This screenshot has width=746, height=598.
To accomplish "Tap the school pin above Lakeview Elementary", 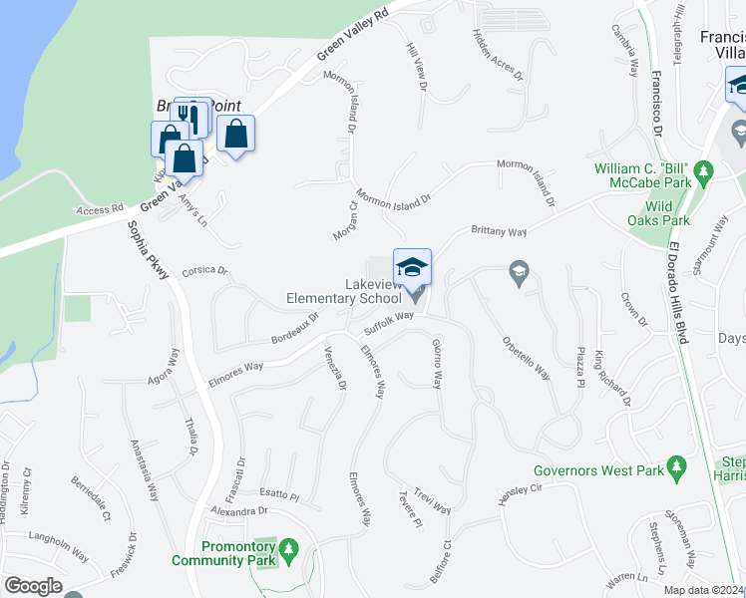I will [x=413, y=267].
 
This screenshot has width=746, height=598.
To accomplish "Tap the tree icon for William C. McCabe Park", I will [x=704, y=171].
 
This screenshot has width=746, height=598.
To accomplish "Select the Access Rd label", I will [x=100, y=210].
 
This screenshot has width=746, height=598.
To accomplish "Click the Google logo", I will [x=33, y=586].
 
